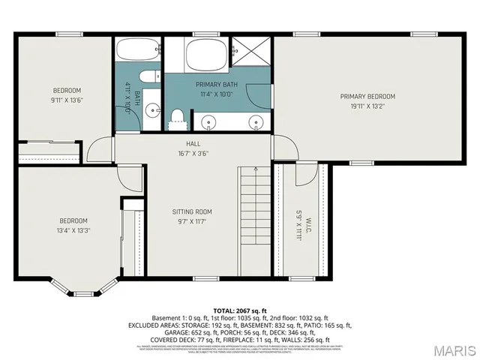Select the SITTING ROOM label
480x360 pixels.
[193, 212]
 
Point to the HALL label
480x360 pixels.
[193, 143]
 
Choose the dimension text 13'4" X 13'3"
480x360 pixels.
[73, 231]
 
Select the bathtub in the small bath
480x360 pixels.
[139, 52]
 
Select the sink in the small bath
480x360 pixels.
[153, 109]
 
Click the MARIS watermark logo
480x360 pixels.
[448, 350]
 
